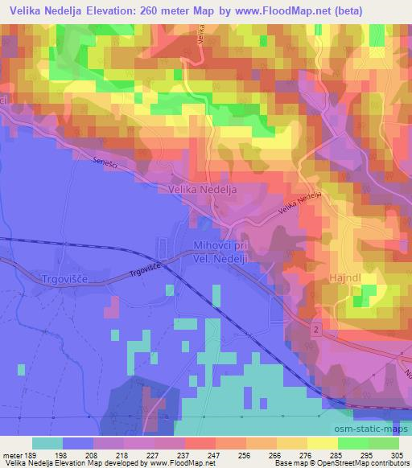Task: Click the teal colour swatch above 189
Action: click(x=47, y=443)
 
